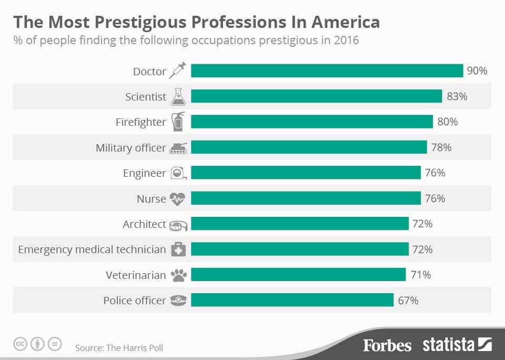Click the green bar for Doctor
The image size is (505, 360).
tap(327, 71)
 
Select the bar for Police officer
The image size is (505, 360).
tap(292, 299)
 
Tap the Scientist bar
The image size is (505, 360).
tap(316, 96)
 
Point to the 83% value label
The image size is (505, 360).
tap(457, 96)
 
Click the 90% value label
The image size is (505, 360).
tap(477, 71)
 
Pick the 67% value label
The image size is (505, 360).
tap(408, 301)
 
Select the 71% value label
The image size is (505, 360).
tap(421, 275)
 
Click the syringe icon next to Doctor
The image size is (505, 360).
tap(177, 71)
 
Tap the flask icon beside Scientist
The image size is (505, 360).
tap(178, 97)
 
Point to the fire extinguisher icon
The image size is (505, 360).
tap(178, 122)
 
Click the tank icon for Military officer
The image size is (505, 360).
tap(178, 148)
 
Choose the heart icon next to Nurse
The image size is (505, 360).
tap(177, 199)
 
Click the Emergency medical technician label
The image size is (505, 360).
tap(92, 250)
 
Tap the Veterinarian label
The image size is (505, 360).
tap(136, 275)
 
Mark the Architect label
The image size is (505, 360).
tap(144, 224)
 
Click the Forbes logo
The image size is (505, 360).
tap(387, 345)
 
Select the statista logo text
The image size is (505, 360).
tap(448, 345)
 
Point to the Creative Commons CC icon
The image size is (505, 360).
tap(20, 344)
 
